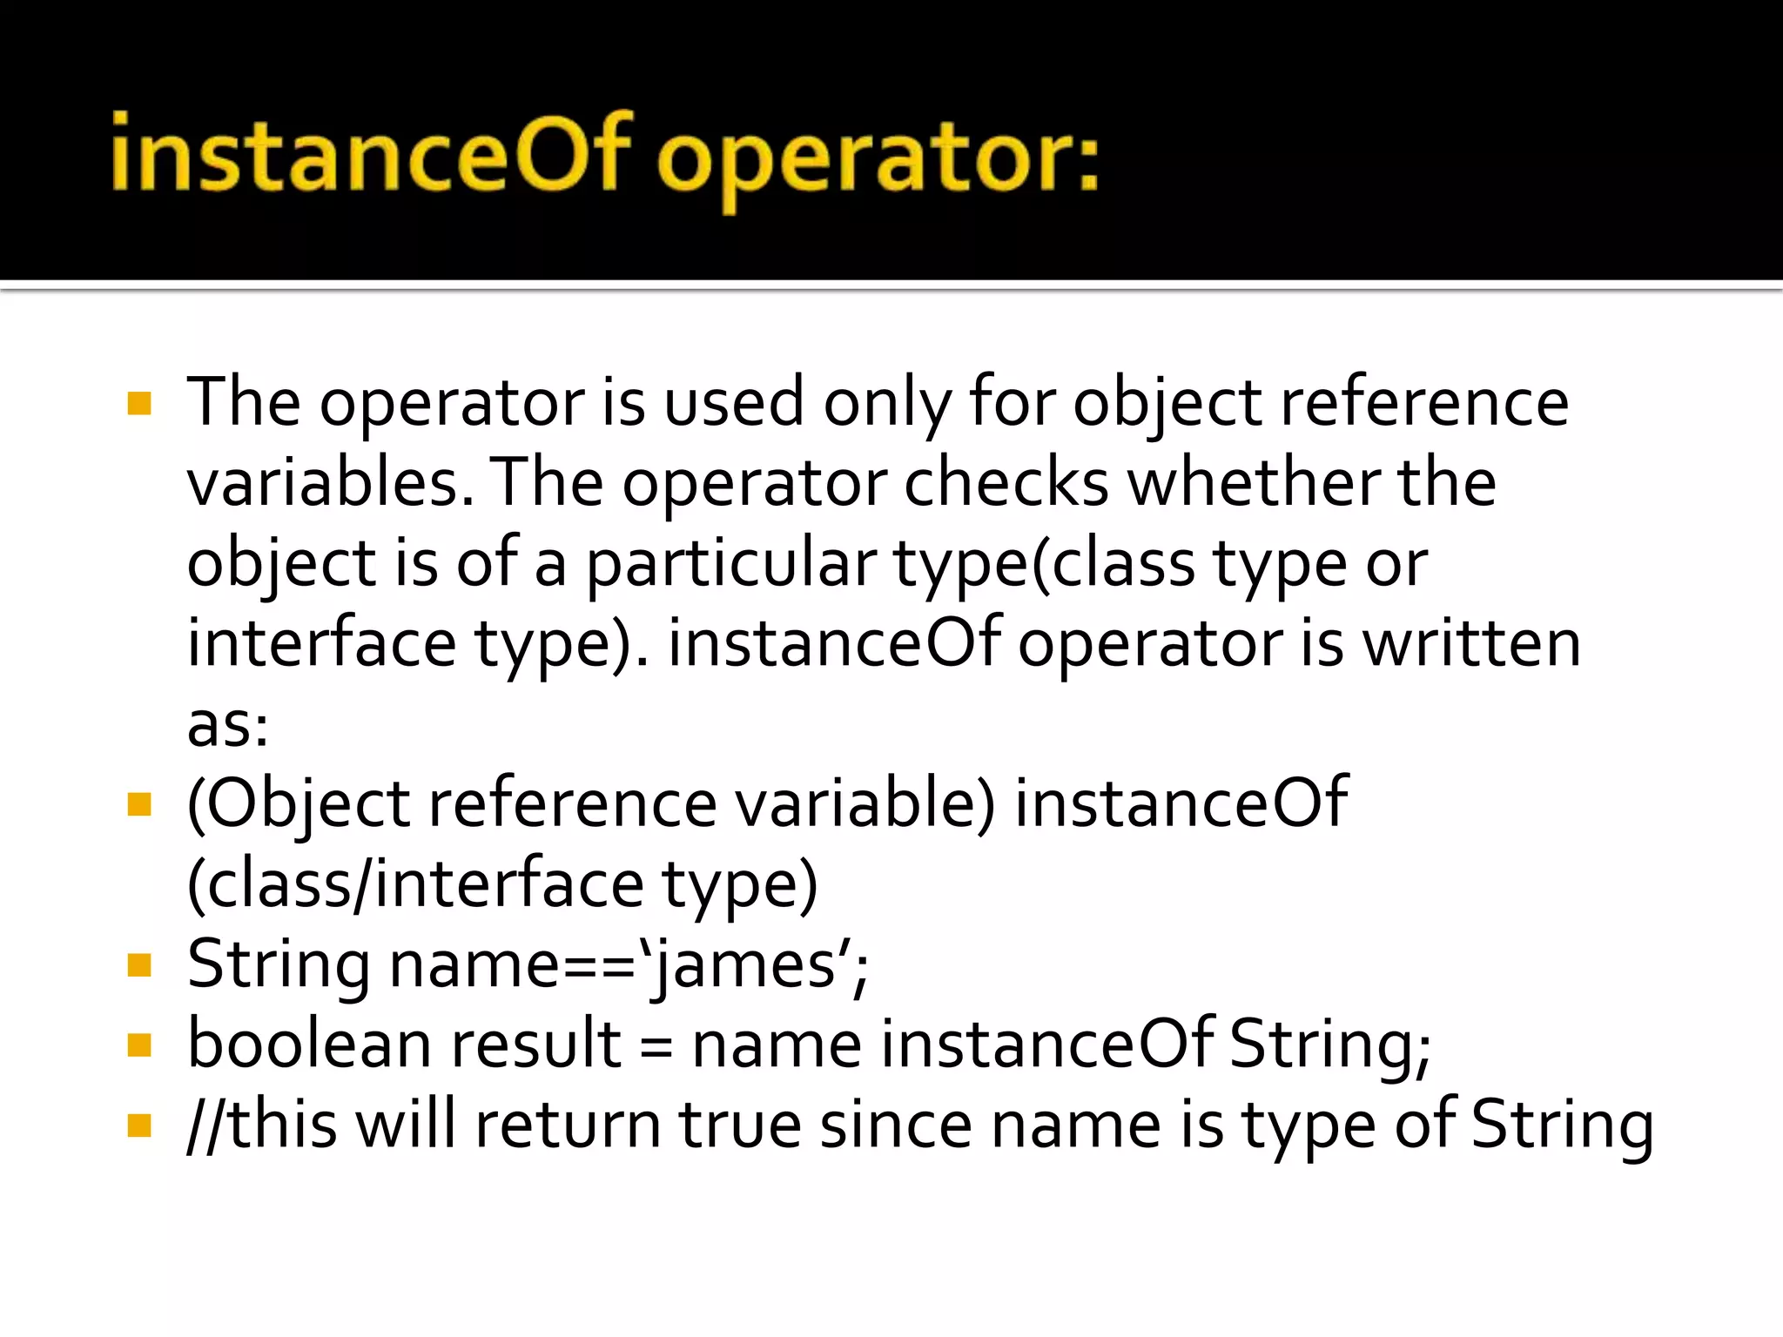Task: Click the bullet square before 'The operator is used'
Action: (139, 403)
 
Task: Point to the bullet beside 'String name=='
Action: (139, 964)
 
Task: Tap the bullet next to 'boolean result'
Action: (139, 1045)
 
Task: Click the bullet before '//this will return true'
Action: (139, 1125)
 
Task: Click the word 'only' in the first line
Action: (887, 404)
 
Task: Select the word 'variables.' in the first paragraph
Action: (331, 483)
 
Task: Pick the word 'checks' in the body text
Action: (1006, 483)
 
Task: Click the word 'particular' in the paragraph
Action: (730, 564)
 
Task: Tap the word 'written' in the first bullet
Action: (1471, 644)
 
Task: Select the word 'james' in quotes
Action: (745, 966)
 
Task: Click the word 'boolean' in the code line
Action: (310, 1045)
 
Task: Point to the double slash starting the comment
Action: (206, 1125)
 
